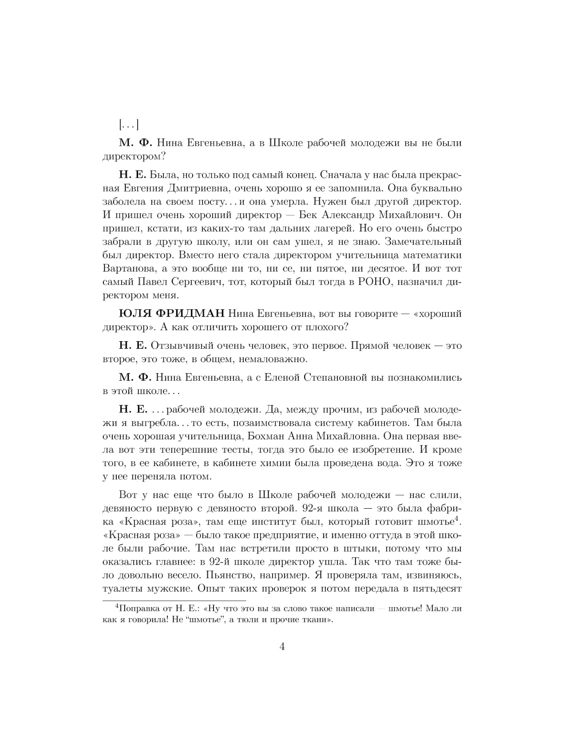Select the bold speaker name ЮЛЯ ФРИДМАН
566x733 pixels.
click(172, 314)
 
